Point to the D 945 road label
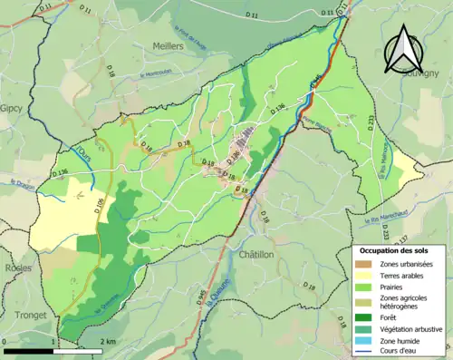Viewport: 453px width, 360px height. [x=201, y=295]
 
